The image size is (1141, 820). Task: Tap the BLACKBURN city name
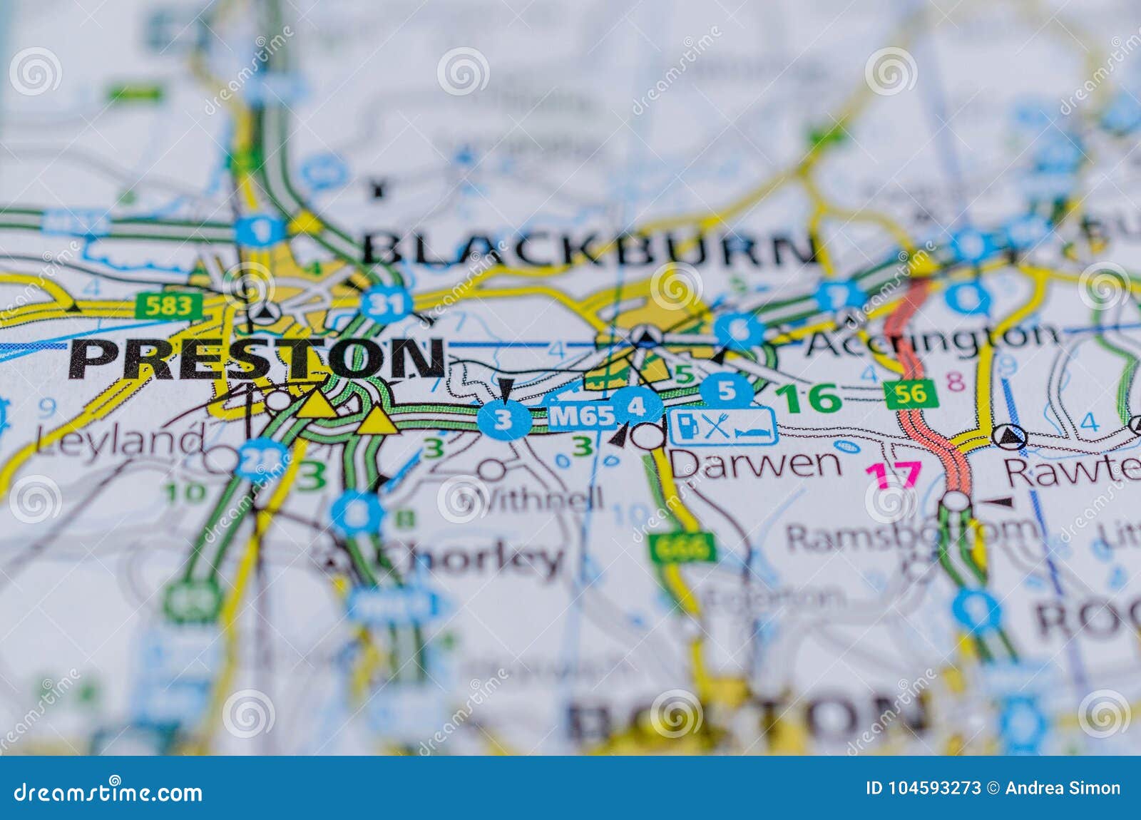click(x=590, y=249)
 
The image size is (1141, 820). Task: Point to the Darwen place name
click(x=756, y=463)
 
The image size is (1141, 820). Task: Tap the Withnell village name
click(x=542, y=498)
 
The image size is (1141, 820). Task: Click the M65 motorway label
click(x=581, y=416)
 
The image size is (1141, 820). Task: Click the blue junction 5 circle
click(x=727, y=390)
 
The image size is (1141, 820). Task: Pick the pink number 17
click(x=894, y=475)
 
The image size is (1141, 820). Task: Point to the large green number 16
click(x=809, y=398)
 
